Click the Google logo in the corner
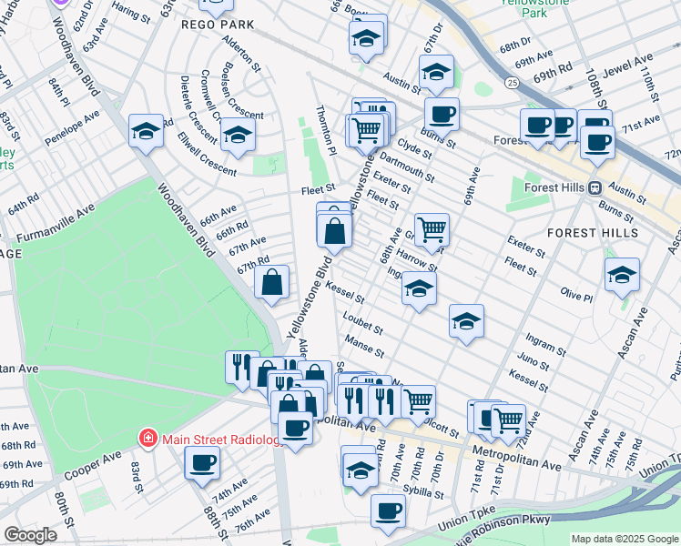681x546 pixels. click(x=31, y=535)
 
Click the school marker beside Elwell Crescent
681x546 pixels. click(x=238, y=135)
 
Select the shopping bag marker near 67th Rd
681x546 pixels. click(x=272, y=284)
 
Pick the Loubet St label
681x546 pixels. click(x=362, y=322)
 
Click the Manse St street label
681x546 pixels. click(x=364, y=346)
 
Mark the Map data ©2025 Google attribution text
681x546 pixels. click(x=625, y=538)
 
